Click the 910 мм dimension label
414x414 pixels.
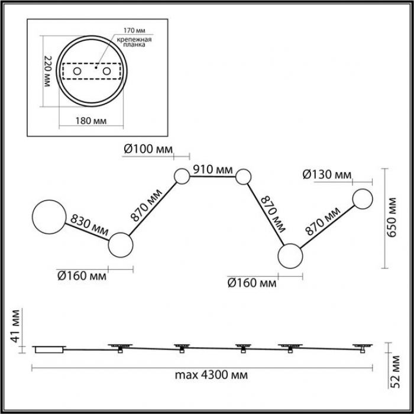pyautogui.click(x=213, y=169)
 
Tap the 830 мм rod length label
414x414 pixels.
pyautogui.click(x=89, y=225)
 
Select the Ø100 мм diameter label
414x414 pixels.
pyautogui.click(x=148, y=149)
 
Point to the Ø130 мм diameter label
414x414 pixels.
pyautogui.click(x=327, y=174)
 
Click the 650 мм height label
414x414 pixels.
pyautogui.click(x=392, y=217)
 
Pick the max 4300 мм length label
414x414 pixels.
pyautogui.click(x=211, y=374)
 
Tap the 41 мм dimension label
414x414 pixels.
pyautogui.click(x=15, y=326)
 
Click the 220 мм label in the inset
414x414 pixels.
pyautogui.click(x=47, y=72)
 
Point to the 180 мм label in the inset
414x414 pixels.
pyautogui.click(x=91, y=121)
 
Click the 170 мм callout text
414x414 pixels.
pyautogui.click(x=135, y=30)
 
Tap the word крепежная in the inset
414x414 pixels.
pyautogui.click(x=134, y=40)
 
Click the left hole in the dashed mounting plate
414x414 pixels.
pyautogui.click(x=77, y=71)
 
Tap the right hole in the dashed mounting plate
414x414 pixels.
pyautogui.click(x=106, y=71)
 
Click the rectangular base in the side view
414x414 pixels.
pyautogui.click(x=49, y=350)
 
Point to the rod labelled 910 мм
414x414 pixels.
pyautogui.click(x=212, y=176)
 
